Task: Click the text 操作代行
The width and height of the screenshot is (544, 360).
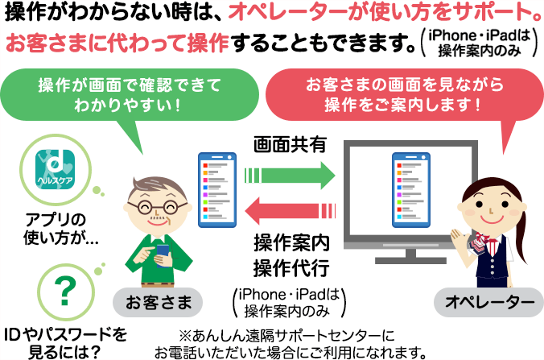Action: pyautogui.click(x=291, y=267)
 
